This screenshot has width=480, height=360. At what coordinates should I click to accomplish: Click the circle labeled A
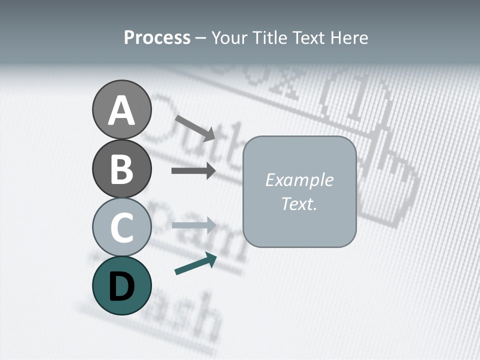[x=121, y=109]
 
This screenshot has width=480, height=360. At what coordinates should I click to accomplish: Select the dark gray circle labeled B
[x=121, y=168]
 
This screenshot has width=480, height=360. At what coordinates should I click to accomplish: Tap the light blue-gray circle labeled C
[x=121, y=227]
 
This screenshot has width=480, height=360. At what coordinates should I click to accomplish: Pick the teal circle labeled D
[x=121, y=285]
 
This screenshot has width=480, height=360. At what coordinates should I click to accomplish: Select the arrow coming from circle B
[x=193, y=171]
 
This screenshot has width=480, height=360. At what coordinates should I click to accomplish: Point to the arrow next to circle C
[x=193, y=225]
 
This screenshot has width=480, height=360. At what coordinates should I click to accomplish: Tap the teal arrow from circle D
[x=195, y=263]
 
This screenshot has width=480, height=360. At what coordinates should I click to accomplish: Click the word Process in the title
[x=157, y=37]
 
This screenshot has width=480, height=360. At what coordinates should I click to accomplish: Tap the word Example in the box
[x=299, y=180]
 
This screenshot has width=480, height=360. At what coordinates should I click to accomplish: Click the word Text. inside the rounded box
[x=299, y=203]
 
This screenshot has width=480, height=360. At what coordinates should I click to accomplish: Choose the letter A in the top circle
[x=121, y=110]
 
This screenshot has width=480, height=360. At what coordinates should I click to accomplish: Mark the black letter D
[x=121, y=286]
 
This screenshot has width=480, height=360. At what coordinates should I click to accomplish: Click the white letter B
[x=121, y=169]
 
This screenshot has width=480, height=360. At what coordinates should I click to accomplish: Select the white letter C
[x=121, y=227]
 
